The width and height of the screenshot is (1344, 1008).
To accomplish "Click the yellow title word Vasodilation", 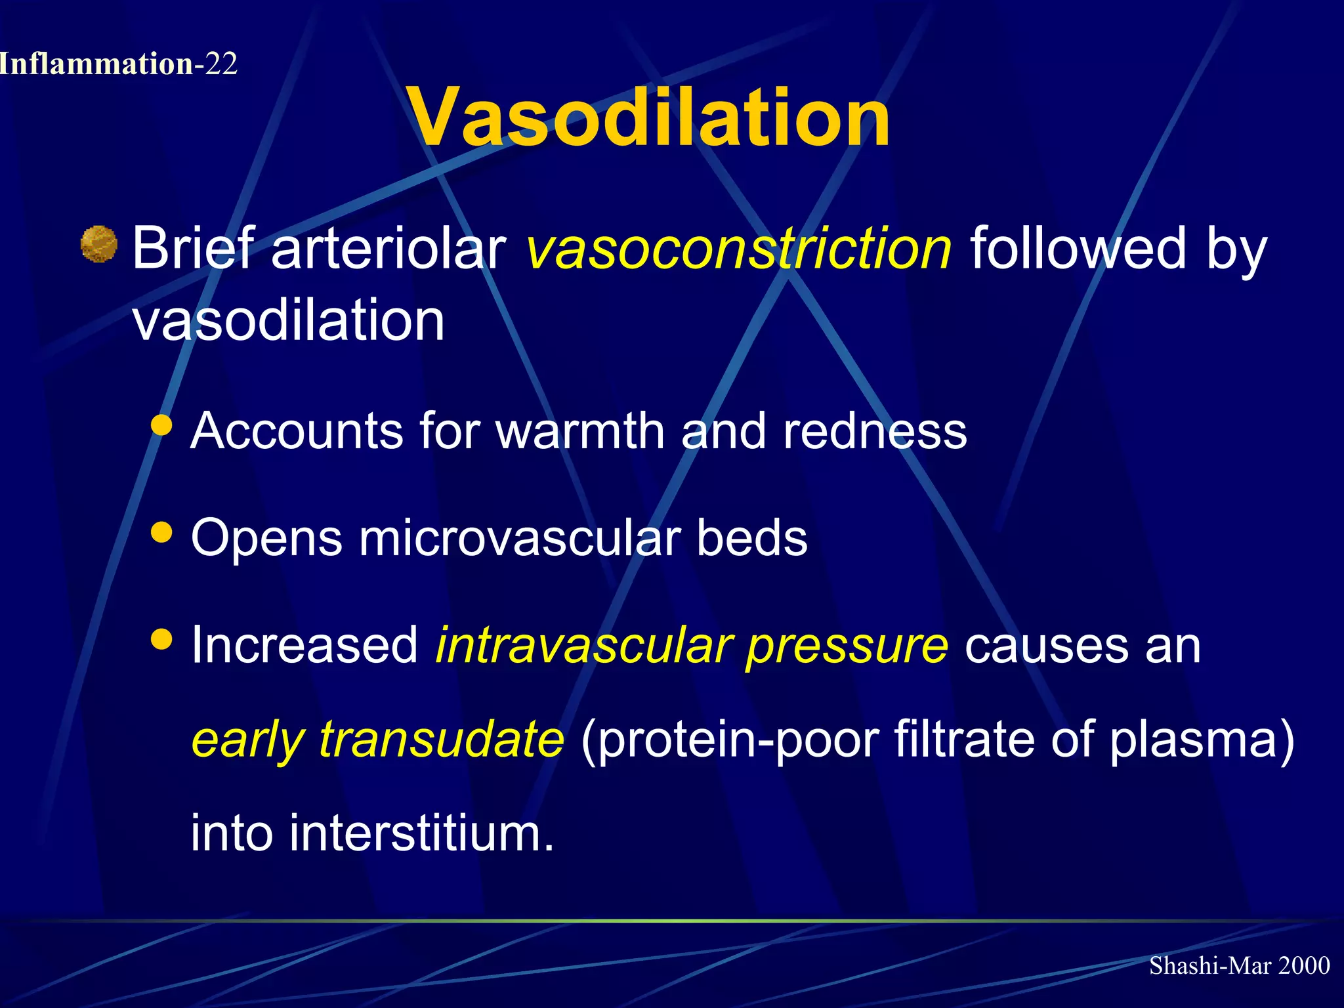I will [648, 118].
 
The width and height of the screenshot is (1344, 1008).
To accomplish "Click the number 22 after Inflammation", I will [220, 64].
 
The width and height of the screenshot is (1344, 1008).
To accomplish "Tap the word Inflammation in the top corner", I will [96, 64].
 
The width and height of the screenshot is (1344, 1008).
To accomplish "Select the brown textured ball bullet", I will [98, 244].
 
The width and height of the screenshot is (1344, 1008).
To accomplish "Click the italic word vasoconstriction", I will [738, 248].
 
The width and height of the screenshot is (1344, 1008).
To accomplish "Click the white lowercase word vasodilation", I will [289, 320].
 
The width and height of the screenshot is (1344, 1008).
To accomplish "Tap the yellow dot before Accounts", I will [161, 425].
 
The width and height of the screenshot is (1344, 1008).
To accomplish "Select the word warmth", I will [580, 431].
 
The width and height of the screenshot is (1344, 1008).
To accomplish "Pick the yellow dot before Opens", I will [161, 532].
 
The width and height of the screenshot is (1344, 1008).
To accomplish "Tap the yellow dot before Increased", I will [161, 639].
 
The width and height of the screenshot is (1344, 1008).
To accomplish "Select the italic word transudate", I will [441, 739].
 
